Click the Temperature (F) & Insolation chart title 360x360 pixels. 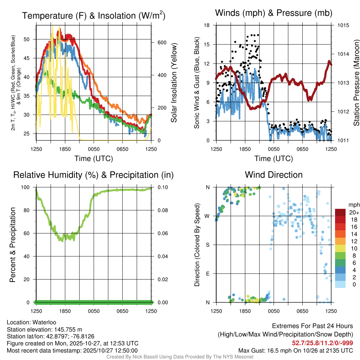pos(94,15)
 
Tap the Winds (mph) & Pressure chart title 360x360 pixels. pos(274,13)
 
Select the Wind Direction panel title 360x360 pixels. pos(274,175)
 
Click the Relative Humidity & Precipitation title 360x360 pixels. pos(93,175)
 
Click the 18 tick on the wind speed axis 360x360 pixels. pos(207,25)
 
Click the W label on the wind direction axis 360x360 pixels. pos(207,216)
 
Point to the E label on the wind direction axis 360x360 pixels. pos(208,274)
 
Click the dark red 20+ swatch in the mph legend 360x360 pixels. pos(340,213)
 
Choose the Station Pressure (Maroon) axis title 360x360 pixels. pos(356,83)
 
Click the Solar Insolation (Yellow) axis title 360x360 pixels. pos(174,83)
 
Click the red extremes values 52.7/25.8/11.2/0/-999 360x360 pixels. pos(322,343)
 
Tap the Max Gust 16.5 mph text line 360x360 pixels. pos(295,350)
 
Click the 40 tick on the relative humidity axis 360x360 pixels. pos(29,256)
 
